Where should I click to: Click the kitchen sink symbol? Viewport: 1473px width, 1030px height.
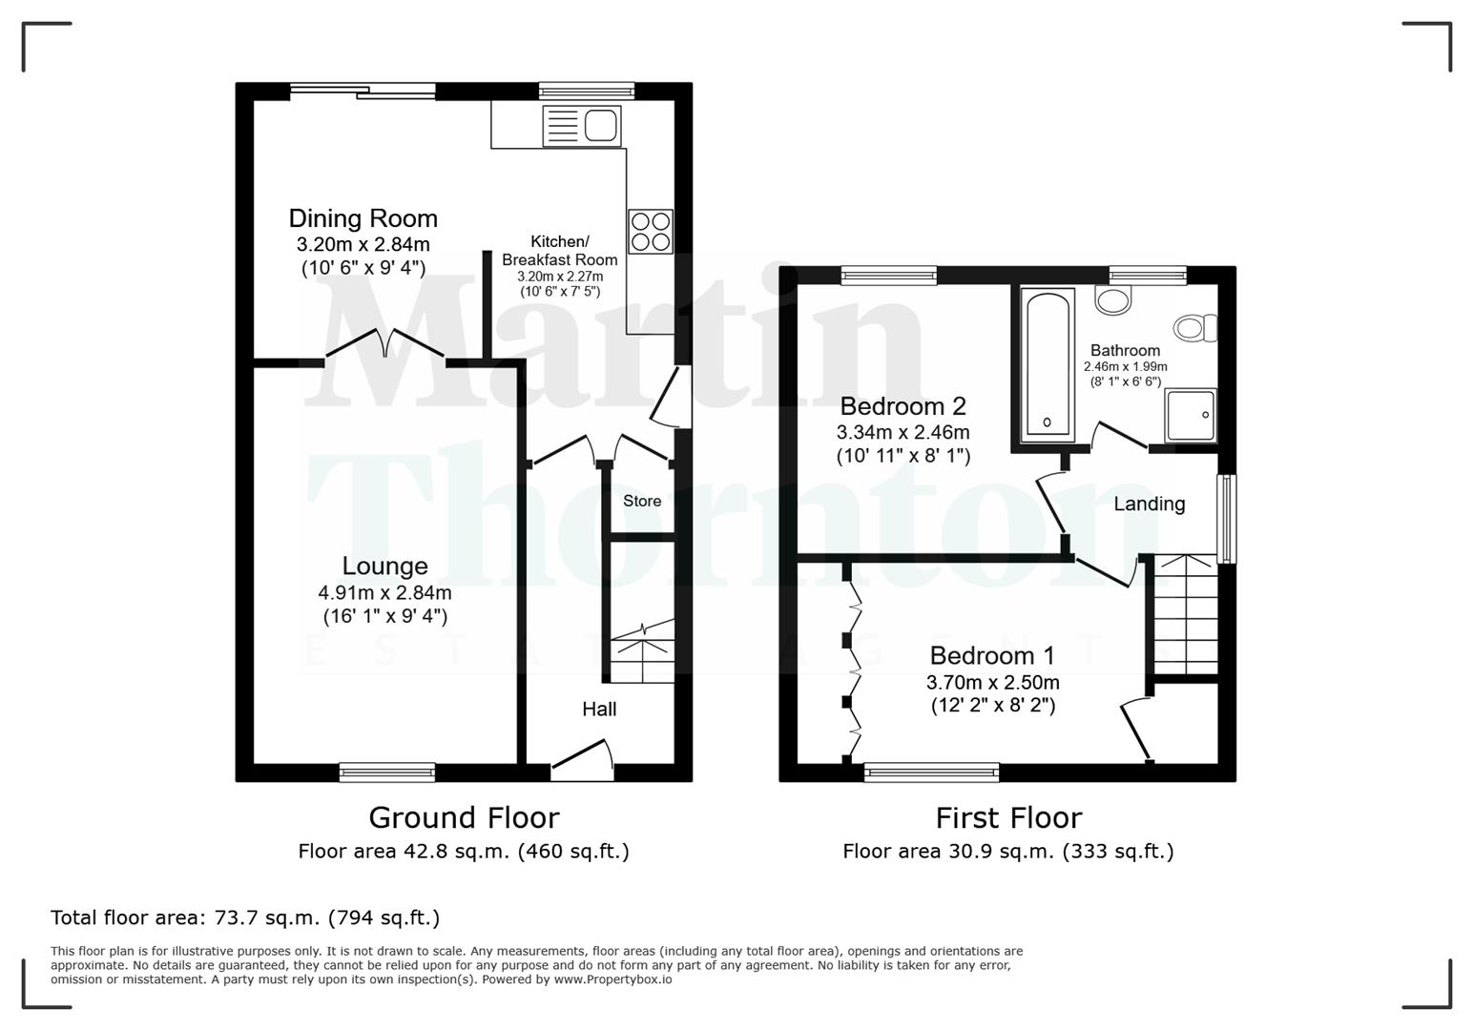coord(581,126)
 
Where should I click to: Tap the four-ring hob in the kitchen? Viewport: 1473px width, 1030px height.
coord(650,231)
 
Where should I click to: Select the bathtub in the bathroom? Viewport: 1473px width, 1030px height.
coord(1047,366)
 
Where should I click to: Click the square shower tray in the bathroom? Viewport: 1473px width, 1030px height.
coord(1190,415)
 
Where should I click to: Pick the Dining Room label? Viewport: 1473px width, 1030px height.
coord(363,218)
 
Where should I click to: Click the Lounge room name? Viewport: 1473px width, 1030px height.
coord(384,566)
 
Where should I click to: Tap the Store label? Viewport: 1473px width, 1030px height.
coord(642,501)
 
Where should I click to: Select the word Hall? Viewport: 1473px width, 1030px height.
coord(599,709)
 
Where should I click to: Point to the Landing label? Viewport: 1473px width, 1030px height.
coord(1149,504)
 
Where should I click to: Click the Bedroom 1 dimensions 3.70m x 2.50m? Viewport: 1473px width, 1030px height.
coord(992,683)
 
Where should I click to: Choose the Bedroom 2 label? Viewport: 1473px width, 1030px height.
coord(902,406)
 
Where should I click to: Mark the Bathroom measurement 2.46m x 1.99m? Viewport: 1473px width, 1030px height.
coord(1125,366)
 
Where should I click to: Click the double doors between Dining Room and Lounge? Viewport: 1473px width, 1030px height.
coord(385,346)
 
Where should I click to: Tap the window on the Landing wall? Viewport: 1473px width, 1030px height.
coord(1228,518)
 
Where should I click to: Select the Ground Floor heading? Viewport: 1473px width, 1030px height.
coord(464,817)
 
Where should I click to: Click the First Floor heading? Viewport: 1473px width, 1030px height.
coord(1008,817)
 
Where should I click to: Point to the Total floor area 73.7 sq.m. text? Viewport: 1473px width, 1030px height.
coord(245,917)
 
